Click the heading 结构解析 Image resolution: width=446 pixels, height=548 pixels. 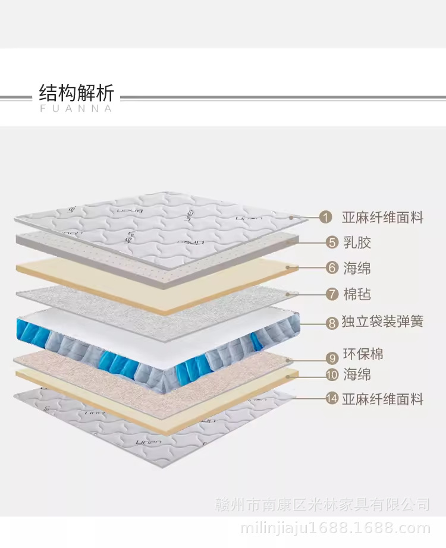tap(76, 93)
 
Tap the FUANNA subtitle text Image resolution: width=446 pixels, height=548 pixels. tap(76, 109)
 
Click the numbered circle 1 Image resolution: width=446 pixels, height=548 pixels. tap(325, 218)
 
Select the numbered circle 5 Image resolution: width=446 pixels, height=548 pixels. tap(332, 242)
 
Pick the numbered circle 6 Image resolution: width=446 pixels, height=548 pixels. tap(332, 268)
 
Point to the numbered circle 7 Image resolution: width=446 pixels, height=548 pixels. tap(332, 294)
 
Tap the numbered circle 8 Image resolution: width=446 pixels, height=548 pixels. tap(332, 323)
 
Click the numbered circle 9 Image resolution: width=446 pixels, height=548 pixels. tap(332, 357)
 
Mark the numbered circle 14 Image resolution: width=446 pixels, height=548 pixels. tap(332, 399)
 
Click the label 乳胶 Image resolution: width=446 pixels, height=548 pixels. tap(357, 242)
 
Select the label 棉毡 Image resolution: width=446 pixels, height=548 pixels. tap(357, 294)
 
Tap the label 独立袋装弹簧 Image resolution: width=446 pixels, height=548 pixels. tap(382, 322)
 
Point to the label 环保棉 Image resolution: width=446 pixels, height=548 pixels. tap(363, 355)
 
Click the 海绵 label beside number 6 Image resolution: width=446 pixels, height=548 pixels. tap(357, 268)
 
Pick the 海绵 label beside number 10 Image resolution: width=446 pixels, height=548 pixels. tap(357, 374)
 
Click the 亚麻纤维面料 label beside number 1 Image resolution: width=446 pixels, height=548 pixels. tap(382, 218)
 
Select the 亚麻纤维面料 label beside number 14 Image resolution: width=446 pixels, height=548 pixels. tap(382, 399)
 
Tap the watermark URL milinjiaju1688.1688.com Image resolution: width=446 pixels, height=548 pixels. tap(334, 528)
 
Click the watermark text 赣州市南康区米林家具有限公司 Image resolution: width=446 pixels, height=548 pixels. tap(322, 505)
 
